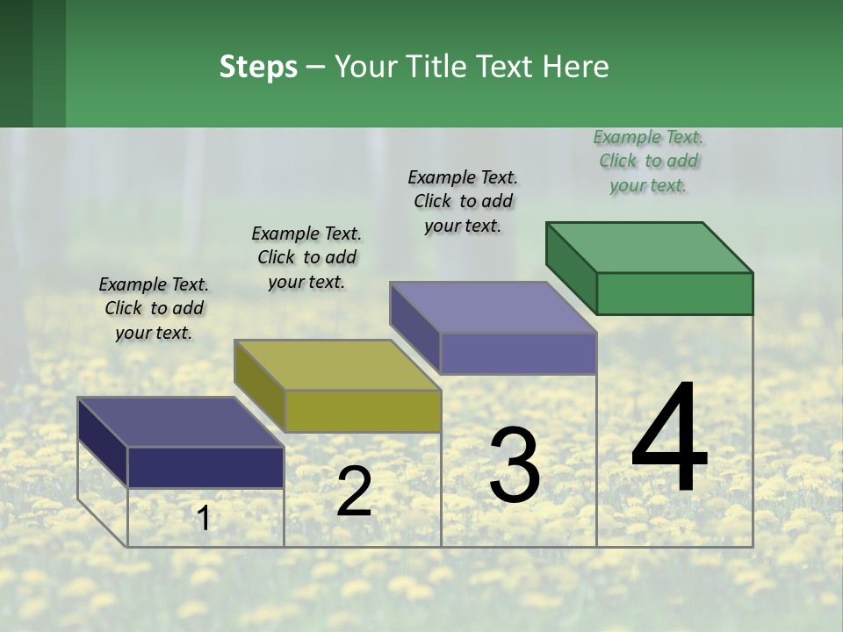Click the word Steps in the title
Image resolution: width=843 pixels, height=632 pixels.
(x=258, y=67)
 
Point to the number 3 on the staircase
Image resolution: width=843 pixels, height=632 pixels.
(x=515, y=465)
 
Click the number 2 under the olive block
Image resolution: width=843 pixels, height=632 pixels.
(x=354, y=492)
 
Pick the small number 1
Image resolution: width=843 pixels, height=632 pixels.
(x=204, y=519)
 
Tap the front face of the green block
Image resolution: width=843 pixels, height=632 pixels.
(x=674, y=293)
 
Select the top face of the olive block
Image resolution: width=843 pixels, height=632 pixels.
(x=337, y=364)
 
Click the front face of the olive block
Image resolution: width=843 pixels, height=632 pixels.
(x=363, y=411)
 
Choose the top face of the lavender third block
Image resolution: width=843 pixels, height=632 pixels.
(x=494, y=306)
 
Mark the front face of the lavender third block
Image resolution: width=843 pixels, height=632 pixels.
(x=518, y=353)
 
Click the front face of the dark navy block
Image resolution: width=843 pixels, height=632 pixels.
(x=205, y=467)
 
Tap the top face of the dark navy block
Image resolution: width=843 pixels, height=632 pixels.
(x=181, y=421)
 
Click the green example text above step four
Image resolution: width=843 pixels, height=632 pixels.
(x=648, y=161)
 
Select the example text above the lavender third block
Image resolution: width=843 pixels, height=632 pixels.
(x=463, y=201)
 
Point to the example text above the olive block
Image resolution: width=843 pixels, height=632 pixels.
(x=306, y=257)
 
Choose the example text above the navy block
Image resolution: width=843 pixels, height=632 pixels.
(x=154, y=308)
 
